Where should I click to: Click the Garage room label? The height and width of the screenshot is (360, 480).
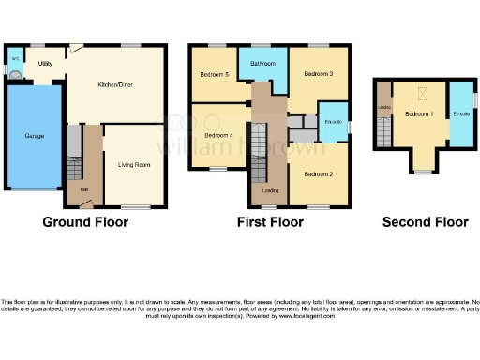tap(34, 136)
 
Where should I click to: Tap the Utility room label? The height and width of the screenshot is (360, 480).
tap(45, 64)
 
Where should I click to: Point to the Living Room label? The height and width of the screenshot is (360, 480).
tap(134, 165)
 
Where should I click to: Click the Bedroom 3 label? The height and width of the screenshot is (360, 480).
tap(318, 75)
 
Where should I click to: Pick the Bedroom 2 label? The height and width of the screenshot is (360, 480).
tap(319, 173)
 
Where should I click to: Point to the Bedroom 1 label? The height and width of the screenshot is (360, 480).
tap(419, 113)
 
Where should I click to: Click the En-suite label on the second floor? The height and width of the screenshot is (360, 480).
tap(459, 113)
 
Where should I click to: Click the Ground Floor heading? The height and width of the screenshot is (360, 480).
tap(85, 222)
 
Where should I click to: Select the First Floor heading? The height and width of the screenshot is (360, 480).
tap(270, 222)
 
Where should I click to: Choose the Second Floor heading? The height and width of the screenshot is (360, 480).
tap(425, 222)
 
